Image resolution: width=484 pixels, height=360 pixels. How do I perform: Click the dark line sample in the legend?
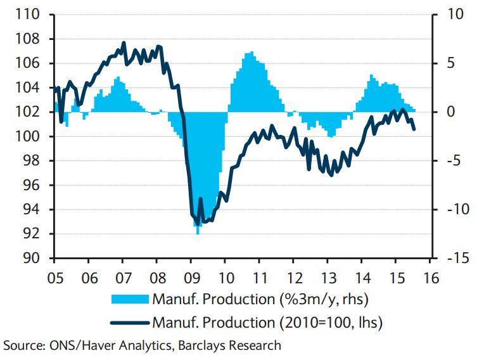pos(130,323)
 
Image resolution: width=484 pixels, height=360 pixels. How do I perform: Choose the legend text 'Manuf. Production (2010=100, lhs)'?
pos(267,323)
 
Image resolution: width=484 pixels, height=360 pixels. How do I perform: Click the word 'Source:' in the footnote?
pos(22,345)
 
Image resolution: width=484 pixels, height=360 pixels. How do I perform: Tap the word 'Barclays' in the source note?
pos(198,345)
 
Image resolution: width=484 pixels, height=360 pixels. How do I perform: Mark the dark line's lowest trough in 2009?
pos(198,224)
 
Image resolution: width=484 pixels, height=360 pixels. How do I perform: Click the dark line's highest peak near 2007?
pos(124,43)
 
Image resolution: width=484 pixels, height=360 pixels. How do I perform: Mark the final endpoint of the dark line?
pos(414,129)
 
